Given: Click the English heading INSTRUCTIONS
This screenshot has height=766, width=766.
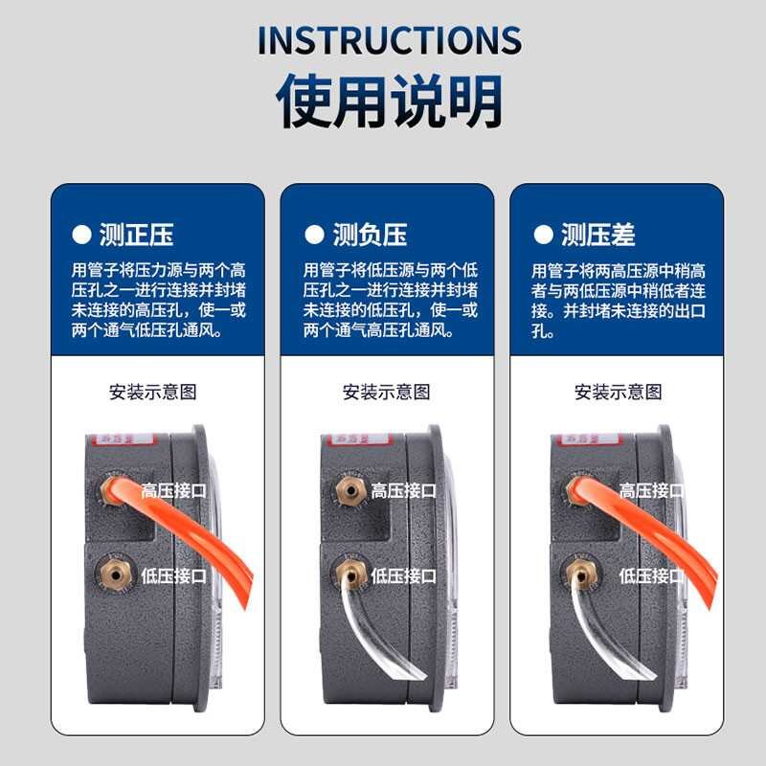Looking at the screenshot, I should [x=389, y=40].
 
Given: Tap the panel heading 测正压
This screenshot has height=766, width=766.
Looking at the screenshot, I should [x=137, y=234].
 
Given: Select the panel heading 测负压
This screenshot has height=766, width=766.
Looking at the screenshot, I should [x=370, y=234].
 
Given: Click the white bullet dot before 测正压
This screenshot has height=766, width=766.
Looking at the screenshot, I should [x=81, y=235].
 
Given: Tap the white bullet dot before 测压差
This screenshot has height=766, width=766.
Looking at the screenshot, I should [x=543, y=235].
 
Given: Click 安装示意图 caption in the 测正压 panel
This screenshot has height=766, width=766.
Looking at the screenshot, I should [x=153, y=392].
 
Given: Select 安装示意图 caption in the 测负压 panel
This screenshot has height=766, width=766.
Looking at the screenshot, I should [x=387, y=392].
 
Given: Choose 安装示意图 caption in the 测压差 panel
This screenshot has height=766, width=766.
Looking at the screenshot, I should [x=618, y=392].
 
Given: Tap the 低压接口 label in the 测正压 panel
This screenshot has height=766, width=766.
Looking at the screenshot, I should [x=174, y=575].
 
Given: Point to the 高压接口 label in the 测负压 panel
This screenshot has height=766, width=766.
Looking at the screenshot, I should [x=404, y=490].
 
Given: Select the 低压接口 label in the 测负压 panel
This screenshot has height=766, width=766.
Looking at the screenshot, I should [x=404, y=575].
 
